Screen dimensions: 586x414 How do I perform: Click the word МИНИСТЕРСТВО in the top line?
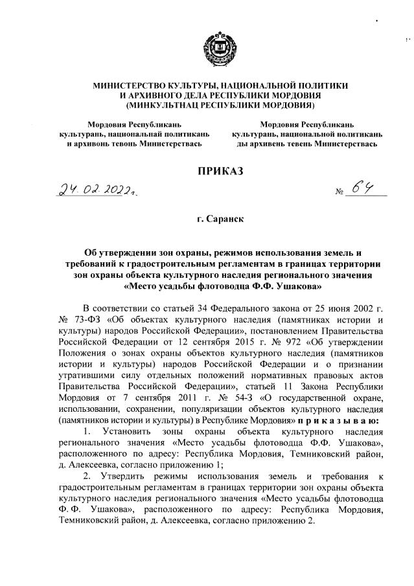133,85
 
